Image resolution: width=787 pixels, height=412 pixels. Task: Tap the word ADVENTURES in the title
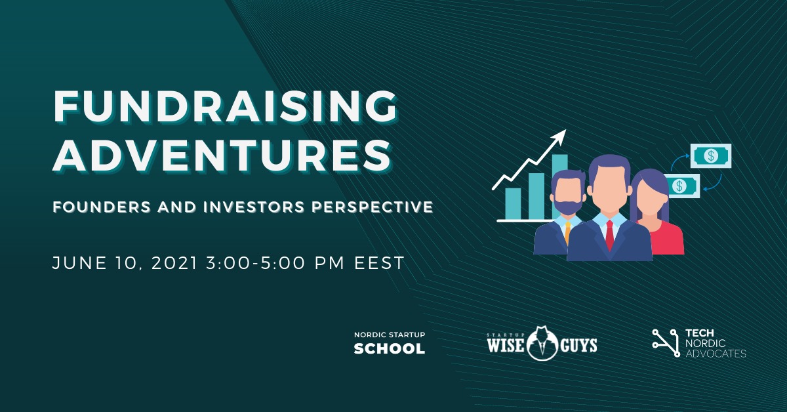coord(222,155)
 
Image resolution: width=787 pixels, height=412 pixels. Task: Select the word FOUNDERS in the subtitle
coord(102,207)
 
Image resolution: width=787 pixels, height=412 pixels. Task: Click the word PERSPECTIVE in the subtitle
coord(373,207)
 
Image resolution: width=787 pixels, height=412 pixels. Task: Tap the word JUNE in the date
coord(79,263)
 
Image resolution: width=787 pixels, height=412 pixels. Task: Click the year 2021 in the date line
coord(174,263)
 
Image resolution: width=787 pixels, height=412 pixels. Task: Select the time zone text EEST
coord(380,263)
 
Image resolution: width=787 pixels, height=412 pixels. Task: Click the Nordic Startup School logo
coord(390,342)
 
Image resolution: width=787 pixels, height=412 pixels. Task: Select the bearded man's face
coord(567,195)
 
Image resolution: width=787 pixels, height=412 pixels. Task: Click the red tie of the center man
coord(609,233)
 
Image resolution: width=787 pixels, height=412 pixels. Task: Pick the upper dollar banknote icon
coord(711,155)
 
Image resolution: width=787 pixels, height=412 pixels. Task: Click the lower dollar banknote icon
coord(681,186)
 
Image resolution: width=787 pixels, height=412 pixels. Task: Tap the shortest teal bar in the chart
coord(513,203)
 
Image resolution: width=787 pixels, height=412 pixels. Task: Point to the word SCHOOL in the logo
coord(390,348)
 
